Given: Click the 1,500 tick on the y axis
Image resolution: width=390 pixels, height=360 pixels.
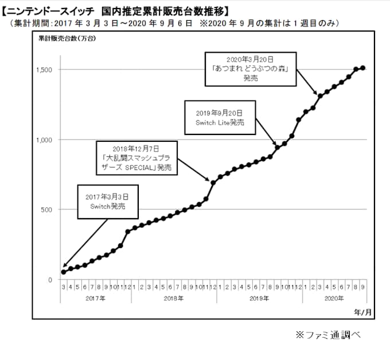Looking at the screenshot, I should click(47, 70).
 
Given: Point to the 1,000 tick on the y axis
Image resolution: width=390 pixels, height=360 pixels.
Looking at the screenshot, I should click(47, 140).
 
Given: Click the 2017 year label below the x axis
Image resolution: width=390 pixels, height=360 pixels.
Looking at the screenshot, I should click(95, 299).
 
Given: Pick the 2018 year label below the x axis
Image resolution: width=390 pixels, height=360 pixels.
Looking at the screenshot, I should click(173, 299).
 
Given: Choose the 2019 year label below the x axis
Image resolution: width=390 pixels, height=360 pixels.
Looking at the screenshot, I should click(259, 299).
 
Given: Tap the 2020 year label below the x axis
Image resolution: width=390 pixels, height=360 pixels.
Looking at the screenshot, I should click(333, 299).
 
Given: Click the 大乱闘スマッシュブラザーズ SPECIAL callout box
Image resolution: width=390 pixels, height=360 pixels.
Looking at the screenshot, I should click(136, 157).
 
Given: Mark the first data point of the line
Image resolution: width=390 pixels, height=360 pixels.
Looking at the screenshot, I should click(64, 272).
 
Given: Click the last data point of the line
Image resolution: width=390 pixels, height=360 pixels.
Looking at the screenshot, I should click(363, 68).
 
